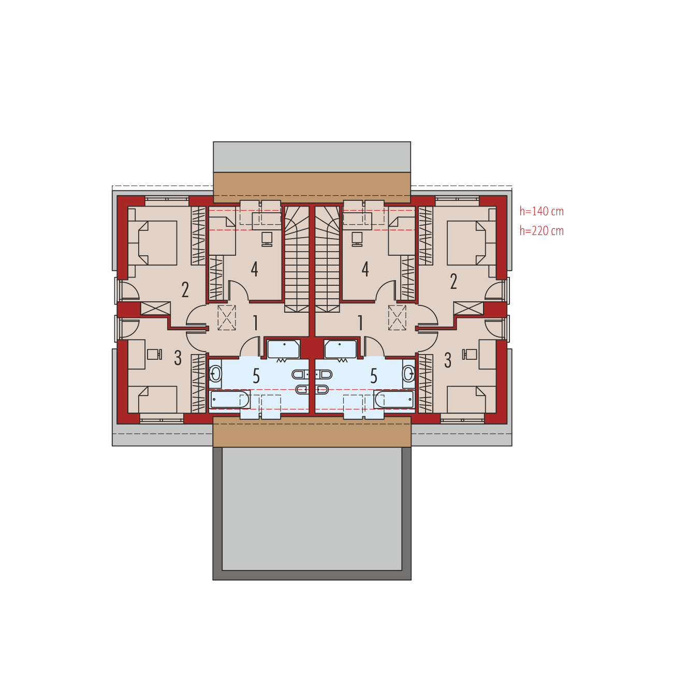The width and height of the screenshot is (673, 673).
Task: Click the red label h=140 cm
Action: point(542,211)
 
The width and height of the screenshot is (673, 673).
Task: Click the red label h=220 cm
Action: point(542,230)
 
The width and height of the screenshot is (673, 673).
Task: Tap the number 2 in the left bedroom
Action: point(185,290)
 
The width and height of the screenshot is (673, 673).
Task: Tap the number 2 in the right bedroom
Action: point(453,282)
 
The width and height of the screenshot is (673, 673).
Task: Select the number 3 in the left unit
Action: point(178,358)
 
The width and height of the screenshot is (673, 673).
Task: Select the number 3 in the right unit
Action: point(448,360)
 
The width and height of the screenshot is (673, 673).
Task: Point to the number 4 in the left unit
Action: point(254,269)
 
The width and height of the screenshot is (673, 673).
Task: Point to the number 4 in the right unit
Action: point(365,269)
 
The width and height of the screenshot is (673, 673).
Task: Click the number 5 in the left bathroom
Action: point(256,376)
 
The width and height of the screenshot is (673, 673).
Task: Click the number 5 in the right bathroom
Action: point(374,376)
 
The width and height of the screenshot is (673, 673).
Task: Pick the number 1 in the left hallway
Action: point(255,323)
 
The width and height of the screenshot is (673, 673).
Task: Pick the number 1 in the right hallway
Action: point(360,323)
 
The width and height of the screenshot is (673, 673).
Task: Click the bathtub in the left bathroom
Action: point(230,399)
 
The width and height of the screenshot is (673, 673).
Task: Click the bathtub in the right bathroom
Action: point(394,399)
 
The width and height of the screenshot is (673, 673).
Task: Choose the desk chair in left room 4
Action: point(267,238)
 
